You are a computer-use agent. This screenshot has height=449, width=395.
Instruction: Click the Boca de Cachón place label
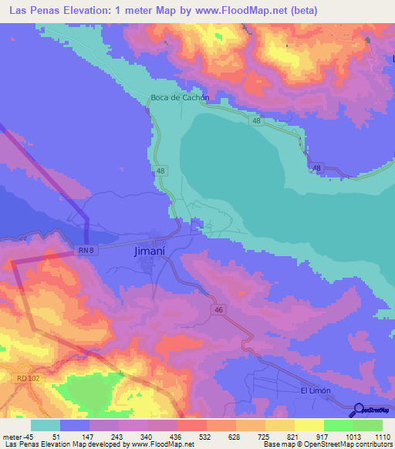(179, 98)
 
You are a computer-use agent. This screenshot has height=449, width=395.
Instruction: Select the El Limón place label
(315, 390)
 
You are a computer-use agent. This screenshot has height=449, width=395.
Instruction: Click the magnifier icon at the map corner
(358, 409)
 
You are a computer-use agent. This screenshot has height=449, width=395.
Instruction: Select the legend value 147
(104, 437)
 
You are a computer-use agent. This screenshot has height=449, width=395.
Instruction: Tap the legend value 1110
(383, 437)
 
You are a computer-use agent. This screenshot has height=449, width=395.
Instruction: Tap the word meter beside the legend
(13, 437)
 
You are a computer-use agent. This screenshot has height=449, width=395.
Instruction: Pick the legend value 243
(133, 437)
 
